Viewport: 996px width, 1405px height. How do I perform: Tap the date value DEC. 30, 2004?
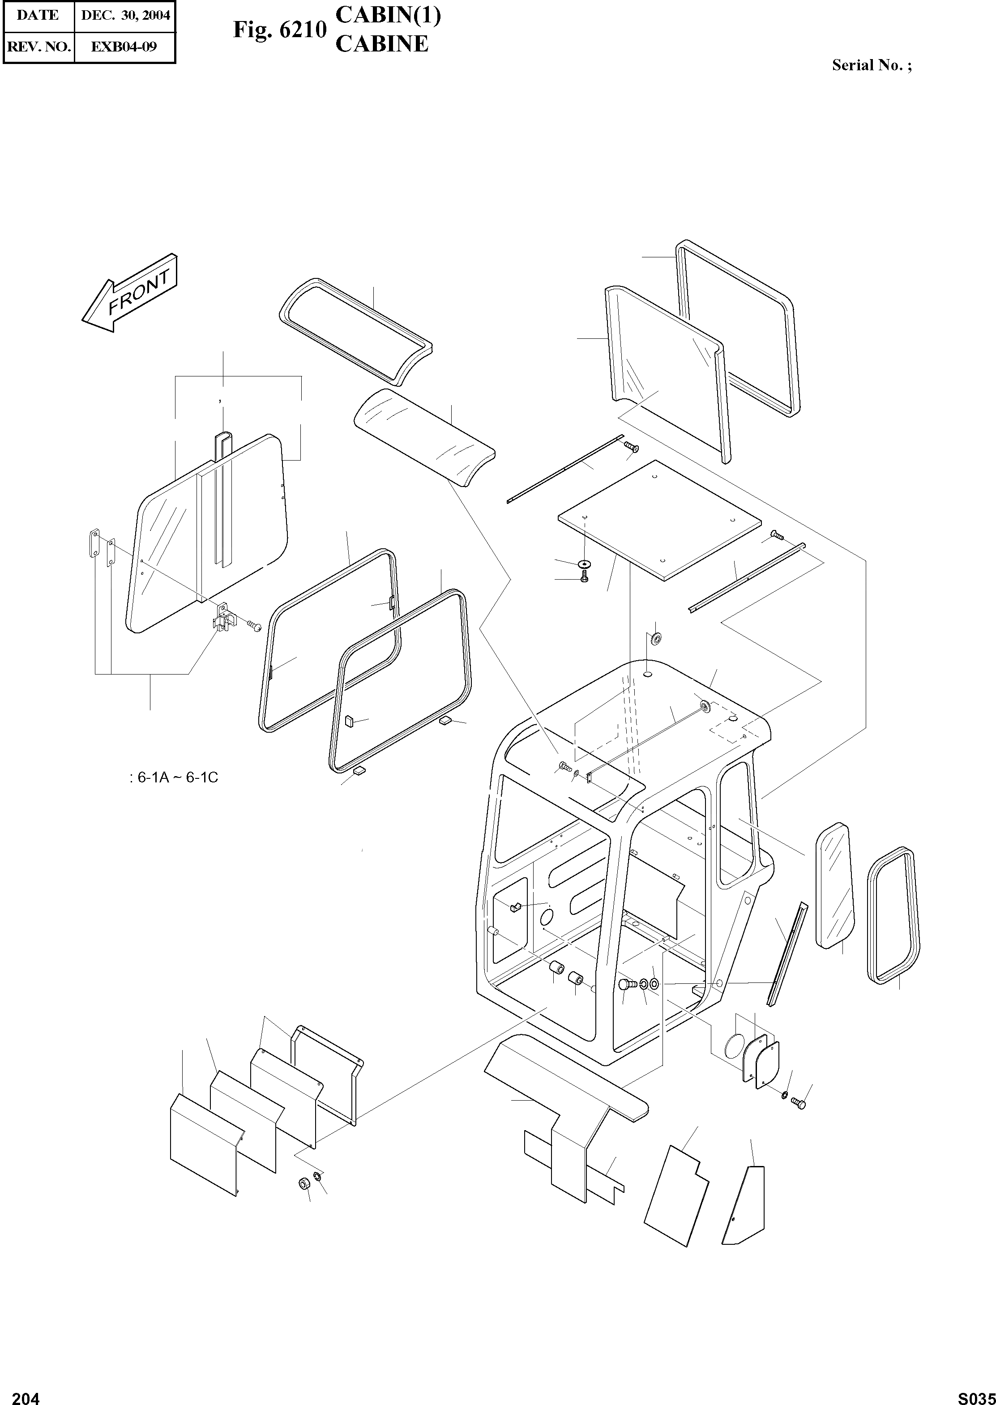point(125,15)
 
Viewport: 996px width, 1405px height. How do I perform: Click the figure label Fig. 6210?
point(279,30)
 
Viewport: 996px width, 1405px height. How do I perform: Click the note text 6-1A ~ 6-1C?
point(175,777)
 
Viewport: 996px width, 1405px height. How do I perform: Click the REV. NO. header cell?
point(38,47)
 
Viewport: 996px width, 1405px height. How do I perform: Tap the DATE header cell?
point(38,15)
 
